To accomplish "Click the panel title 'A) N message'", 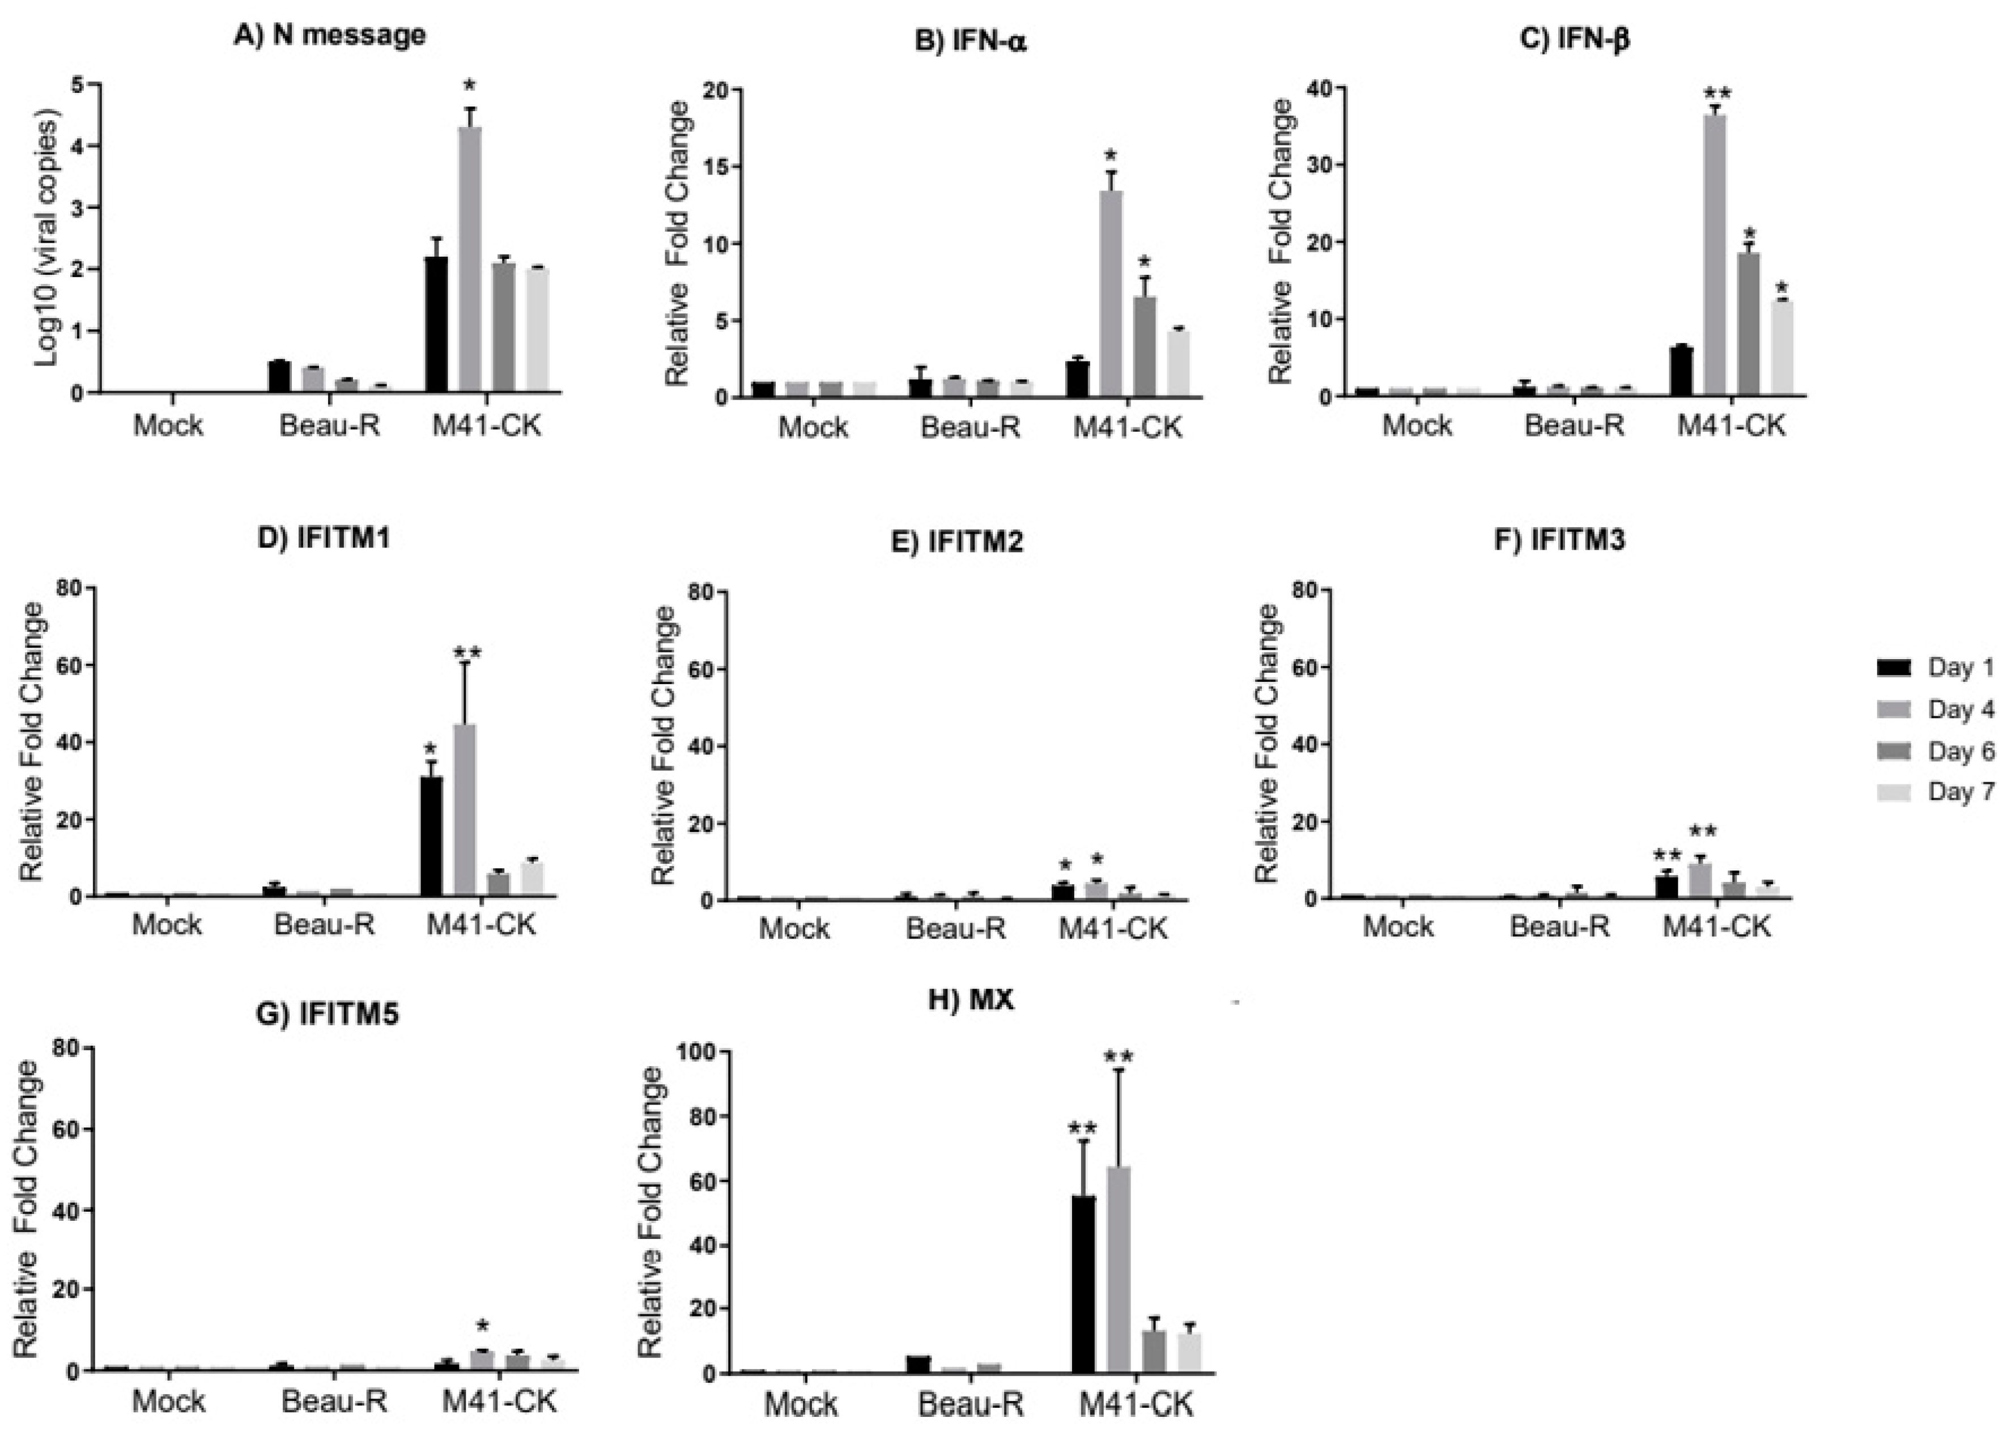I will click(329, 35).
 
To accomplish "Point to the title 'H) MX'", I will click(970, 1000).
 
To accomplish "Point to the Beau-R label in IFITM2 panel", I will click(956, 928).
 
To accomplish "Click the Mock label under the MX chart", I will click(801, 1404).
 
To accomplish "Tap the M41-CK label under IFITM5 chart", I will click(500, 1401).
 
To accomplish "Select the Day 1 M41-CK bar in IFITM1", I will click(432, 837).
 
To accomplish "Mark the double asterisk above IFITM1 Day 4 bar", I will click(467, 653).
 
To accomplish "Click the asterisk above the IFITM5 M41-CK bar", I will click(482, 1326).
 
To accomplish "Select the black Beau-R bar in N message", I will click(280, 376).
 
